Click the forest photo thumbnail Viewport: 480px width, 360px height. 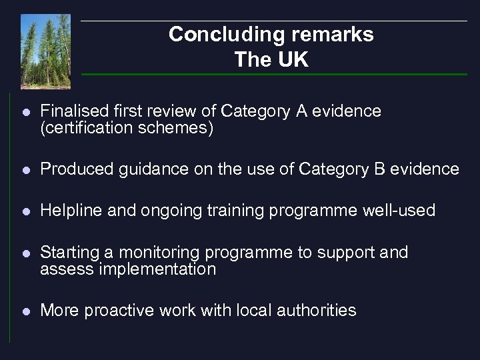(45, 51)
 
